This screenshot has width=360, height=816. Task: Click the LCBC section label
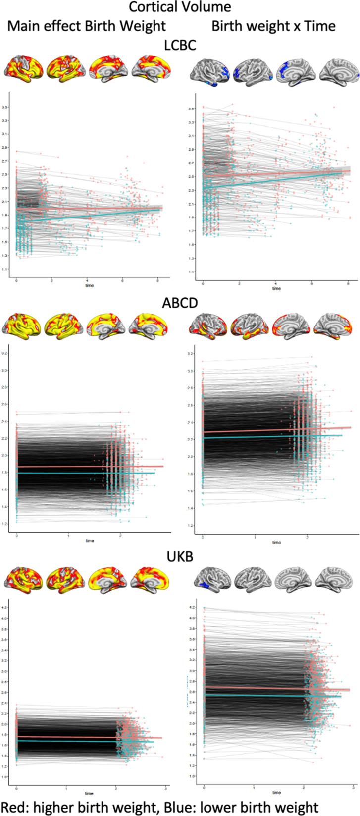[179, 46]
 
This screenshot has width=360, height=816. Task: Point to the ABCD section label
[179, 303]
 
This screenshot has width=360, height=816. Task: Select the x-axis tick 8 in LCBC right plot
[349, 284]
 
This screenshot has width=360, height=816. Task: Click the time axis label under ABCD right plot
[276, 543]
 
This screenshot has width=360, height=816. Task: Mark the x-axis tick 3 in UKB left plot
[165, 787]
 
